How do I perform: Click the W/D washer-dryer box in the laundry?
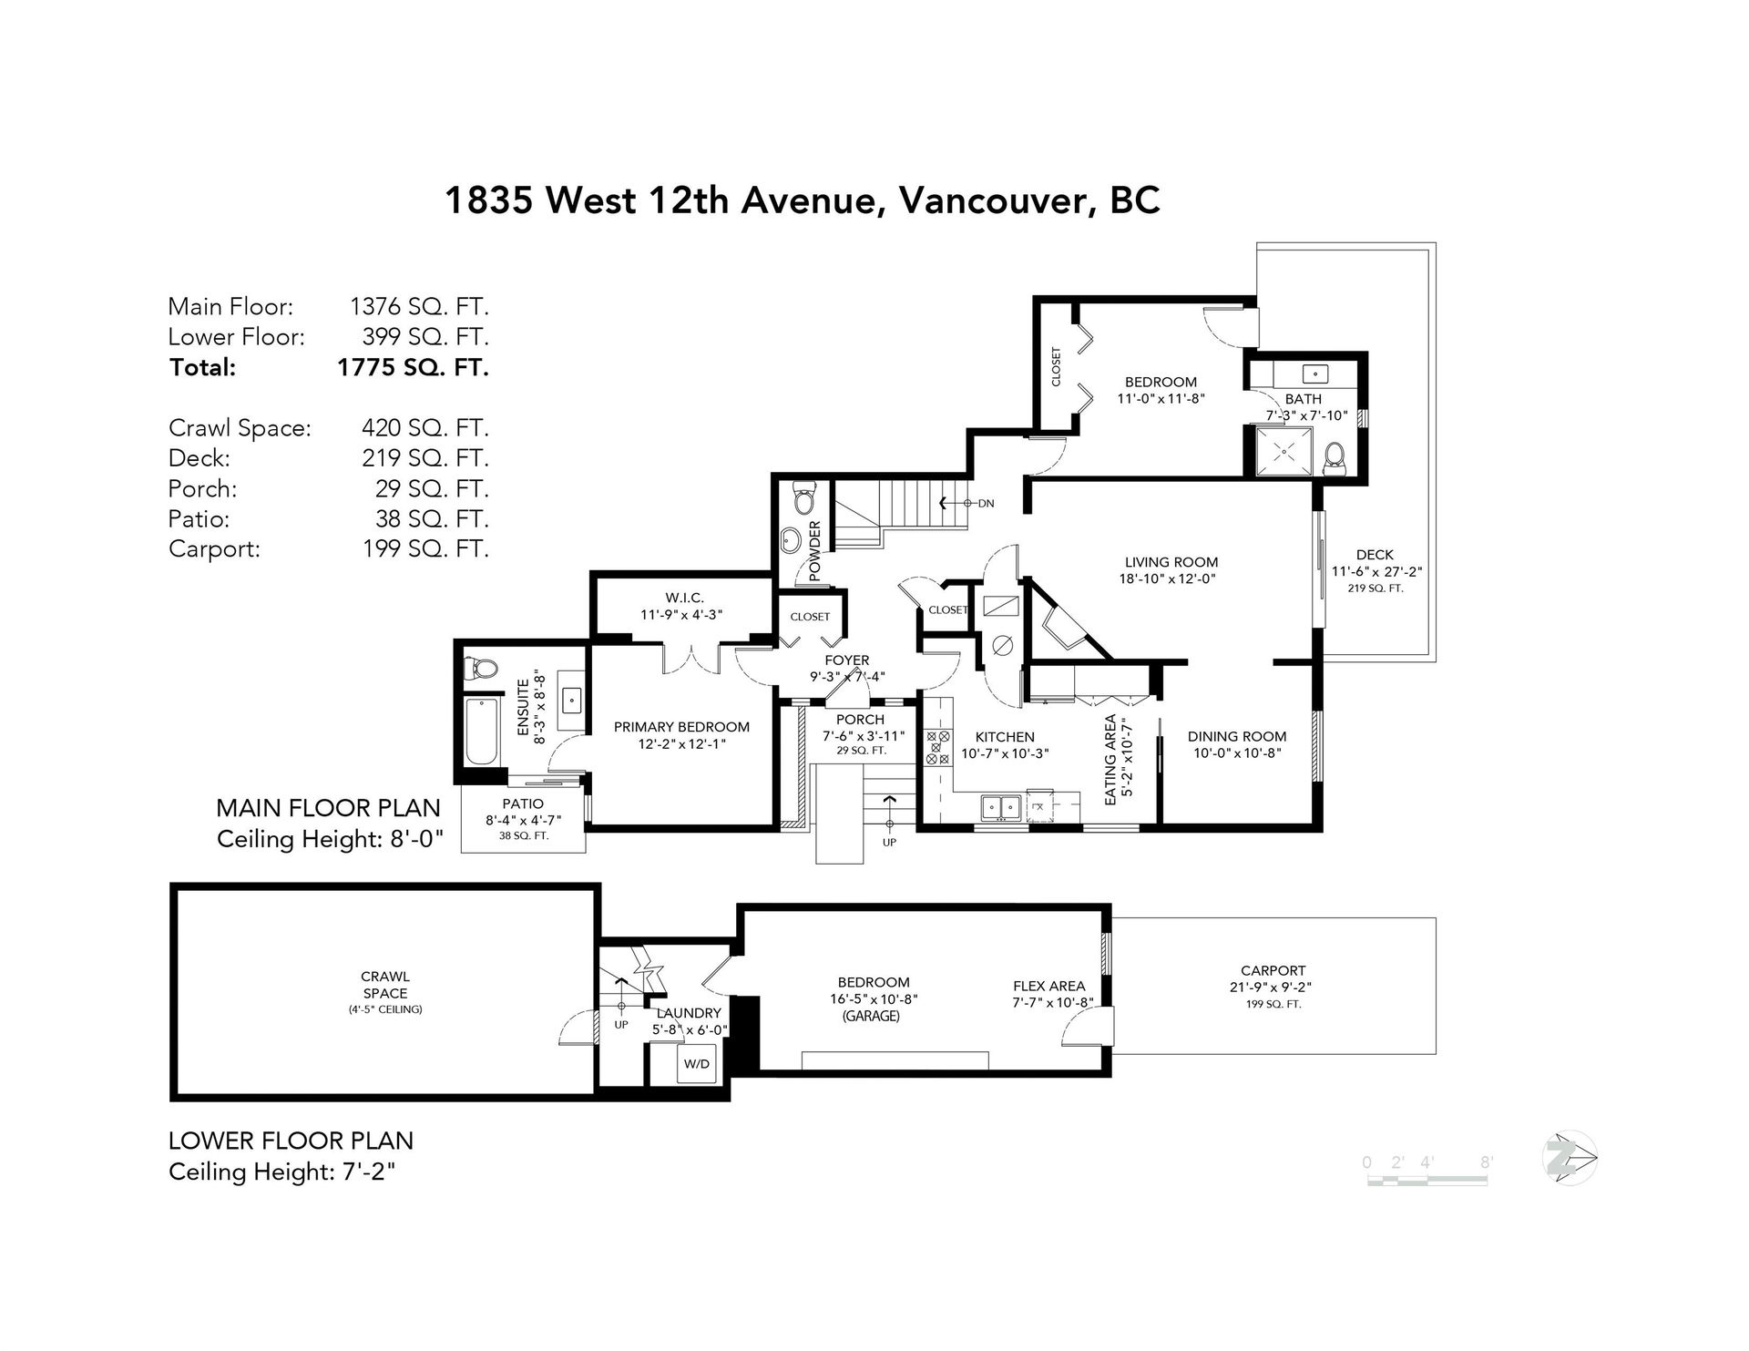click(x=697, y=1063)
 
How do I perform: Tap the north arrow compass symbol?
click(x=1570, y=1159)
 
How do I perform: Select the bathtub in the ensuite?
click(x=481, y=732)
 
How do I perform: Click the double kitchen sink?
click(x=999, y=807)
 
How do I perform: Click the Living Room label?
click(x=1171, y=562)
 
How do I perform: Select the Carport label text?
click(x=1273, y=970)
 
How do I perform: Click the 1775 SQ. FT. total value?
click(x=413, y=368)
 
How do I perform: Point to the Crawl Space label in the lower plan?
click(x=384, y=985)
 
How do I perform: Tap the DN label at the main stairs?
click(x=986, y=503)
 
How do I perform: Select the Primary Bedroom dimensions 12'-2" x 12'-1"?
click(x=681, y=743)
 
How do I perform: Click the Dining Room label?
click(x=1237, y=736)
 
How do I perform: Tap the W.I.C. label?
click(x=683, y=598)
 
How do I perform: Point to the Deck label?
click(x=1375, y=554)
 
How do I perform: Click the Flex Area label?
click(x=1048, y=986)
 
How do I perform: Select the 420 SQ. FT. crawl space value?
click(x=425, y=427)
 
